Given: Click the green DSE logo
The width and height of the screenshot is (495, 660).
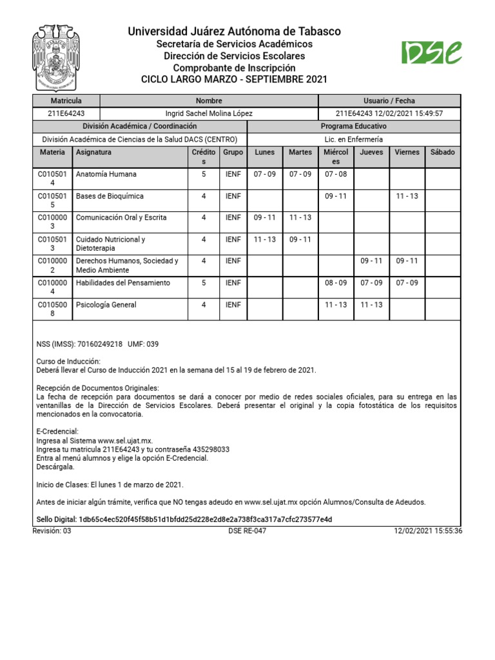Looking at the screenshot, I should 431,53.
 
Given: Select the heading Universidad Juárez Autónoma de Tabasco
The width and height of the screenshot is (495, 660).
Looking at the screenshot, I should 234,32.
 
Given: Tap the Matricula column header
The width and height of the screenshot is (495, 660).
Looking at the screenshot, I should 66,101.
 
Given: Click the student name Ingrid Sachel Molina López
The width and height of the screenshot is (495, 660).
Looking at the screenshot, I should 209,113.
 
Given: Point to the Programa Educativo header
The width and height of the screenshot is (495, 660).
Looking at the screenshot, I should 354,126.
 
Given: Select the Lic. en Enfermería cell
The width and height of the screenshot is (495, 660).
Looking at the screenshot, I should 354,139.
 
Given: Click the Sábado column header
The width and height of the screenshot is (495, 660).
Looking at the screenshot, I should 442,152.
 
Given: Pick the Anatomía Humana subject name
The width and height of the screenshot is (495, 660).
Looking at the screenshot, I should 106,174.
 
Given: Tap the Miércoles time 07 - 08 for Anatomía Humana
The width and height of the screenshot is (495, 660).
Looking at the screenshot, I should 335,174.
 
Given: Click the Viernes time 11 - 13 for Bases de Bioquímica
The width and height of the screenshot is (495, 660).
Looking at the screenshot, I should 407,196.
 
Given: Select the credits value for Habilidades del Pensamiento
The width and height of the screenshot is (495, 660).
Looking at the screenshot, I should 204,283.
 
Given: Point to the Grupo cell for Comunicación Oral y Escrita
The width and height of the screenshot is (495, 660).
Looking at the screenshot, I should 233,218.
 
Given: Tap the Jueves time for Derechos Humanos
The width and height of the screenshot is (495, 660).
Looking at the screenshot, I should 371,261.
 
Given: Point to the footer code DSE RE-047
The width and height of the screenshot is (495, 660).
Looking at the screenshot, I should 247,531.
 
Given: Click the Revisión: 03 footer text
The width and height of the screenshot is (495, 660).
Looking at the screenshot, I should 52,531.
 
